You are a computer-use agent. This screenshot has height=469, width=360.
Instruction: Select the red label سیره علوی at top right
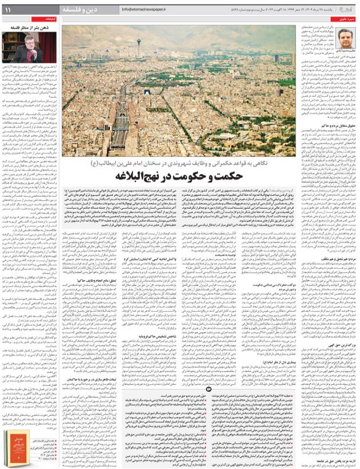click(x=342, y=20)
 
